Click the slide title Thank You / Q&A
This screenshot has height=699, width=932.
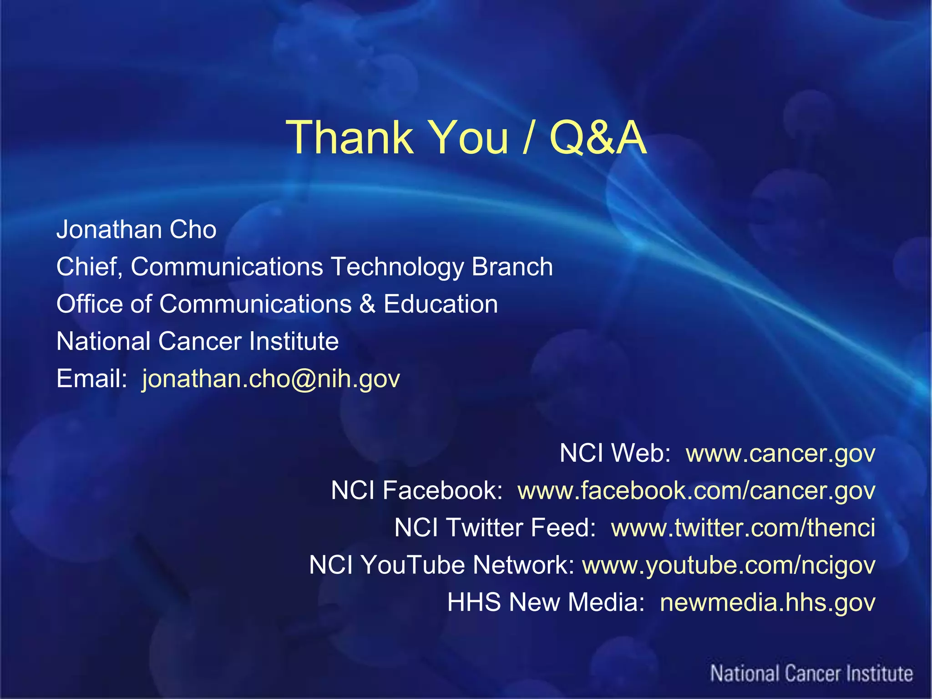point(466,137)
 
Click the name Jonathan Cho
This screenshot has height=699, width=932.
point(136,229)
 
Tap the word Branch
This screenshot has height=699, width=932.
point(512,267)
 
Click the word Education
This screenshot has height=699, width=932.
point(441,304)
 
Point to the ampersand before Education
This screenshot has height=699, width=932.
point(367,304)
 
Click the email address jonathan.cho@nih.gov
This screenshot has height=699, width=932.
point(271,379)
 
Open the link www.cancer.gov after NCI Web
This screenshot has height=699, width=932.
point(780,453)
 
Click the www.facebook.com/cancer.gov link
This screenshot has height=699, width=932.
point(696,491)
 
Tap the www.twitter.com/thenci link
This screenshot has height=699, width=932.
point(743,528)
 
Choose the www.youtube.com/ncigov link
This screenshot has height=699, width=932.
point(729,565)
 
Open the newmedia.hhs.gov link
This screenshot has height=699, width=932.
point(767,603)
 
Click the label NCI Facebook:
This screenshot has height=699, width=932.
point(416,491)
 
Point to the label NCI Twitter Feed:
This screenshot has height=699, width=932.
point(495,528)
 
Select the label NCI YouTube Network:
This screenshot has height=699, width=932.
point(441,565)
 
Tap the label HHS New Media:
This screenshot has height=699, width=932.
point(546,603)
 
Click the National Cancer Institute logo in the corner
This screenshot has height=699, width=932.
point(811,674)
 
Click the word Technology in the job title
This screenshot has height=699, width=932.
point(397,267)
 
